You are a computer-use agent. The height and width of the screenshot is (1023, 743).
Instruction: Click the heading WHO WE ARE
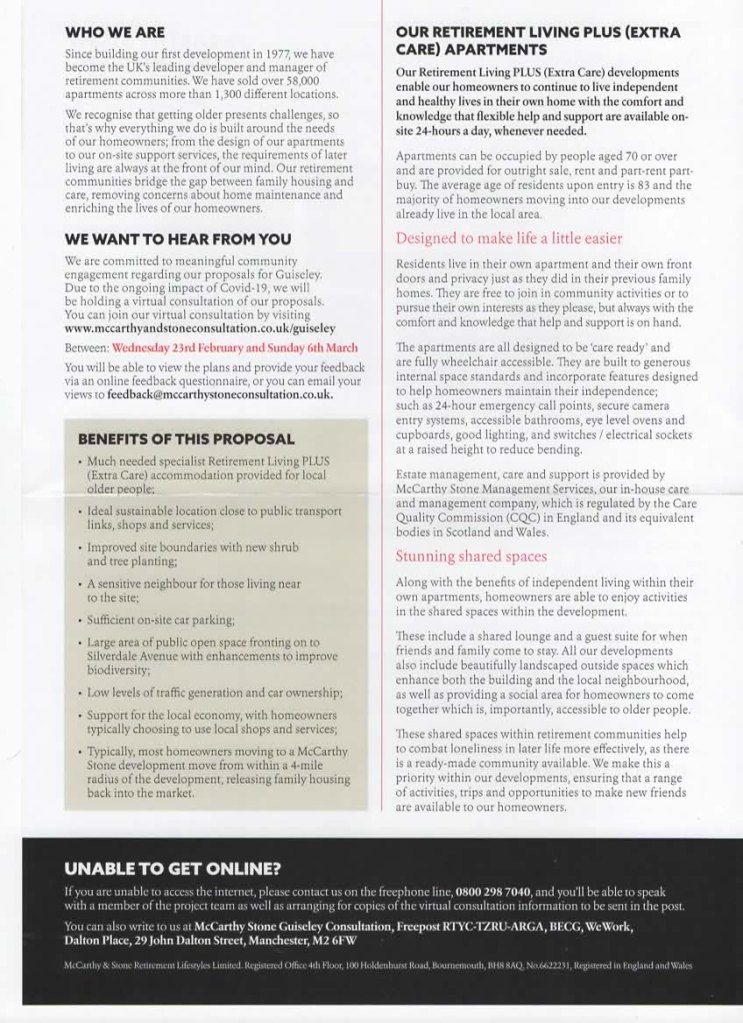pos(115,31)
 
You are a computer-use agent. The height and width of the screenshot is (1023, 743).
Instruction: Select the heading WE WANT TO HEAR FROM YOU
pos(178,239)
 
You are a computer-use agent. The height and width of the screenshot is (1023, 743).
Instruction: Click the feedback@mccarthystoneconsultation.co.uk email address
pos(217,395)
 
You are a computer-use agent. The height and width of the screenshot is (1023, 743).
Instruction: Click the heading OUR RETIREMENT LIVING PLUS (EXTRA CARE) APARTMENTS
pos(537,40)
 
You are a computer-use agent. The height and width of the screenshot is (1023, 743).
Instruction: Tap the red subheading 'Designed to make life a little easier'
pos(509,238)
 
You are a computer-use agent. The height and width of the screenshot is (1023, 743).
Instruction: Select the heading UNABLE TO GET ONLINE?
pos(172,867)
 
